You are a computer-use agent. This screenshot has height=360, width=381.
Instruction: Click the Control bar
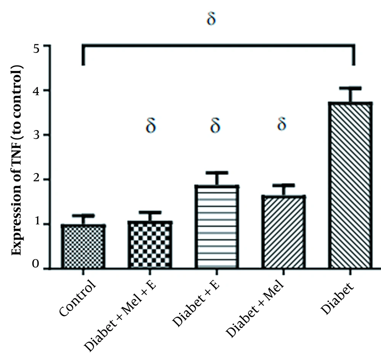83,247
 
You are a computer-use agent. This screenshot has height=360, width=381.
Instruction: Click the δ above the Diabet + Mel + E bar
151,125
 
